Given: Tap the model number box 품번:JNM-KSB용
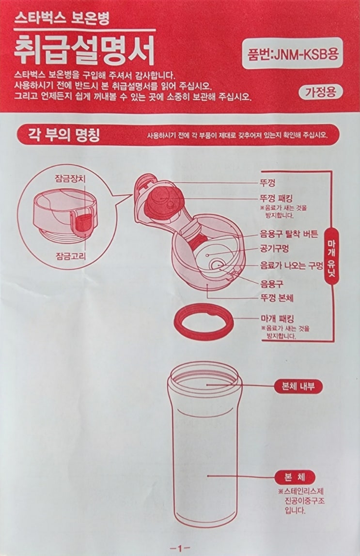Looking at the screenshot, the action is [292, 53].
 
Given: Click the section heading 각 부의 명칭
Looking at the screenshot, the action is [64, 135].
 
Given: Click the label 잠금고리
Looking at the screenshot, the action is [71, 255].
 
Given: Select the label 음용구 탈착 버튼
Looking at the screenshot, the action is [289, 233].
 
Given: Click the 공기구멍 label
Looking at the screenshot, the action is [274, 249].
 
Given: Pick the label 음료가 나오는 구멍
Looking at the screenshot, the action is [292, 265].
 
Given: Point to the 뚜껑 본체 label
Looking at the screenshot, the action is [276, 298].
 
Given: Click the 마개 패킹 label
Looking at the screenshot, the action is [277, 319].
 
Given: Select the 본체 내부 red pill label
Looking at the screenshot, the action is [298, 386].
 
